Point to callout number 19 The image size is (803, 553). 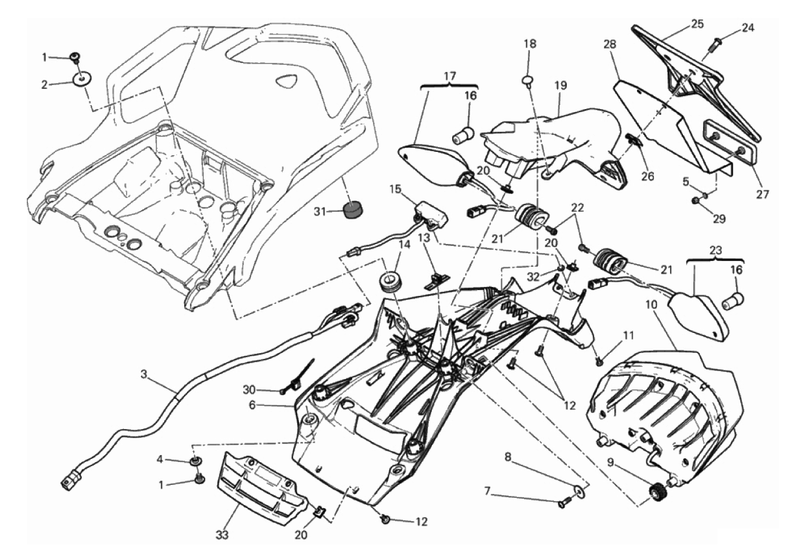tap(560, 84)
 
